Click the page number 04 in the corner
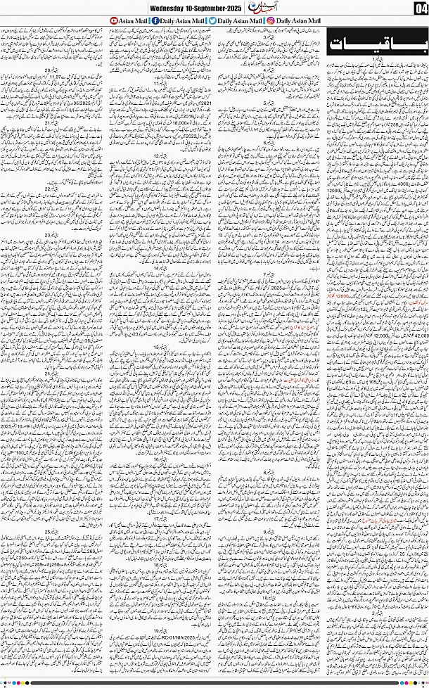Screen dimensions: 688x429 pyautogui.click(x=421, y=8)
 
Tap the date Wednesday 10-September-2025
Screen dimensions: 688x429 pyautogui.click(x=186, y=8)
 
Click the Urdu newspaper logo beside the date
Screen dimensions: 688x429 pyautogui.click(x=254, y=8)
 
